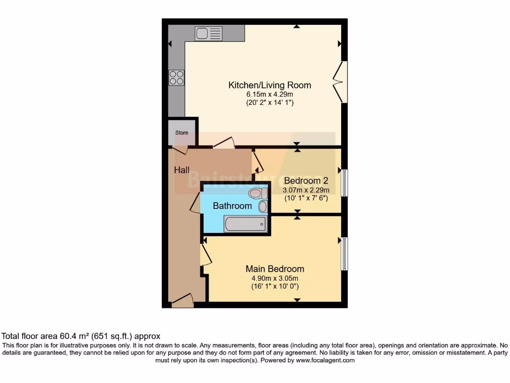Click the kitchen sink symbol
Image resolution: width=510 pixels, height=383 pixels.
coord(209,33)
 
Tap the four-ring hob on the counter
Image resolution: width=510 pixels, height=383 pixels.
coord(176,77)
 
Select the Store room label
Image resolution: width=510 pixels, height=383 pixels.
coord(181,133)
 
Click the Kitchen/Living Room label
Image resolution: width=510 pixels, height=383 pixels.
coord(269,85)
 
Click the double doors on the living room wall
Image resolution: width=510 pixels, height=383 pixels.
coord(340,82)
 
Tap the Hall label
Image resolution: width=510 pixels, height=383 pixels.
coord(181,170)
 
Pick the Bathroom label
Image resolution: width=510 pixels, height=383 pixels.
coord(232,206)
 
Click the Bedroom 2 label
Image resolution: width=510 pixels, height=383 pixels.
coord(306,181)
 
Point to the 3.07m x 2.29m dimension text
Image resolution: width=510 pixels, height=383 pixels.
coord(306,190)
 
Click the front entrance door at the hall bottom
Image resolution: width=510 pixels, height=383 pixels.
coord(182,301)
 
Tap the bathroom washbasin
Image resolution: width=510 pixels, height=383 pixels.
coord(262,206)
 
